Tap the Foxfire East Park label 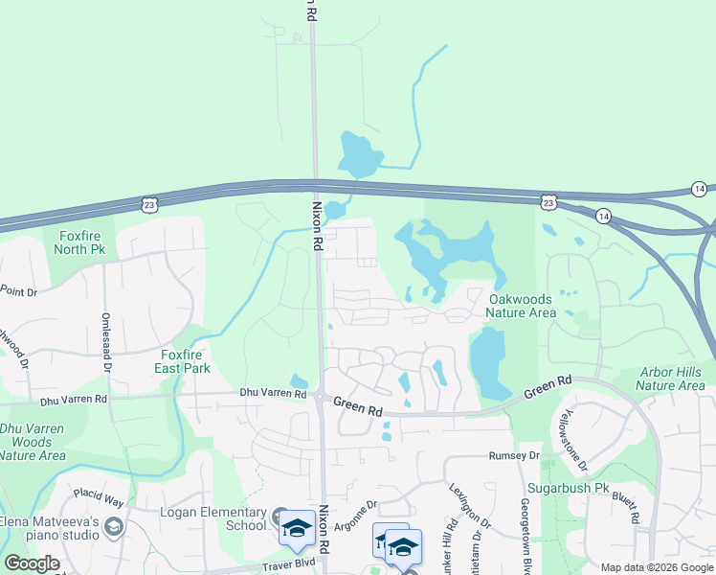[x=183, y=360]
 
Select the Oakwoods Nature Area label [x=521, y=306]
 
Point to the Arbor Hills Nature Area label [x=670, y=379]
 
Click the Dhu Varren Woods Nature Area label [x=33, y=442]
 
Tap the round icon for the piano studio [x=115, y=527]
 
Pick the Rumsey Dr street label [x=514, y=456]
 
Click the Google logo [x=33, y=563]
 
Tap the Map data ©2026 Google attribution [x=657, y=567]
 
